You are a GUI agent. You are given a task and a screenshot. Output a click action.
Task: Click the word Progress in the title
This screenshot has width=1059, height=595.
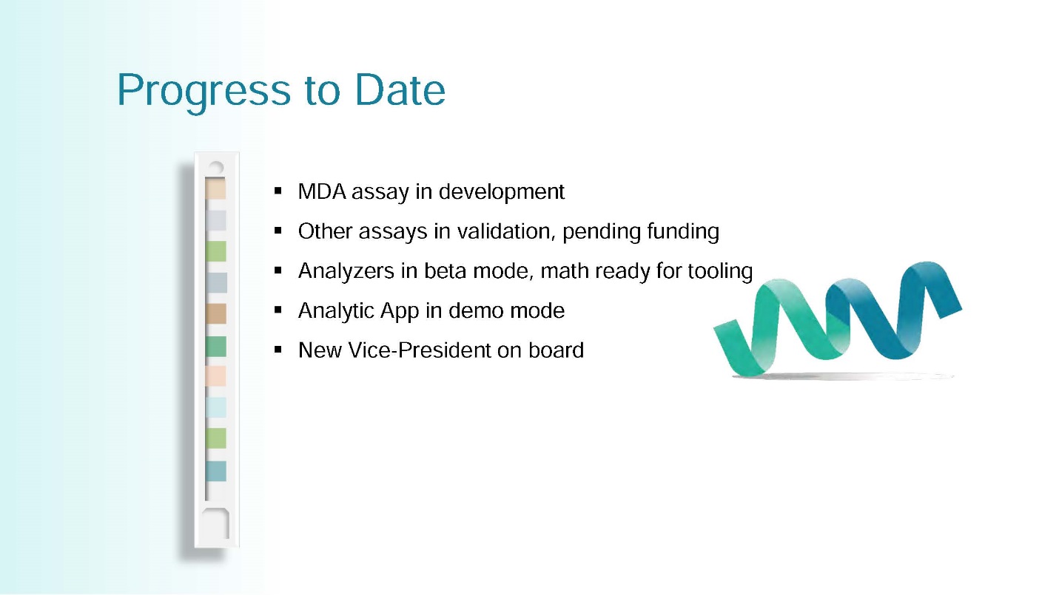[204, 92]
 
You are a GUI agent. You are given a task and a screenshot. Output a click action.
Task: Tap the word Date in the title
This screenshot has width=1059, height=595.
[400, 89]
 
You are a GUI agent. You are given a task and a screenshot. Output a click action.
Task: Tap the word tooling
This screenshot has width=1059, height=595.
[720, 271]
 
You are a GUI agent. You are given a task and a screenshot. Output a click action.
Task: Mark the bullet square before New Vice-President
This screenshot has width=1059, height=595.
[278, 350]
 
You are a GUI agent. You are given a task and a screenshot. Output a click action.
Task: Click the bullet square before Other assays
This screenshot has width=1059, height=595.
[278, 231]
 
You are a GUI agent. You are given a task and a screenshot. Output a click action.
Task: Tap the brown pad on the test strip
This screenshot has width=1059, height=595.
[216, 313]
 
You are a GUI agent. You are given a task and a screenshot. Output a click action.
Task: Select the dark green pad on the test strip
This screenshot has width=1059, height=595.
[216, 347]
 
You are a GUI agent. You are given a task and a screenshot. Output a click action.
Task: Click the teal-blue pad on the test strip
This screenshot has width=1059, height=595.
[216, 472]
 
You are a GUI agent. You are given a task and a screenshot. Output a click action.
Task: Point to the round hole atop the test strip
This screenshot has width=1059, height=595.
[216, 168]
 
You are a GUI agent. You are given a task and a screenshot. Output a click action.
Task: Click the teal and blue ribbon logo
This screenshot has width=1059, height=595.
[838, 321]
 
